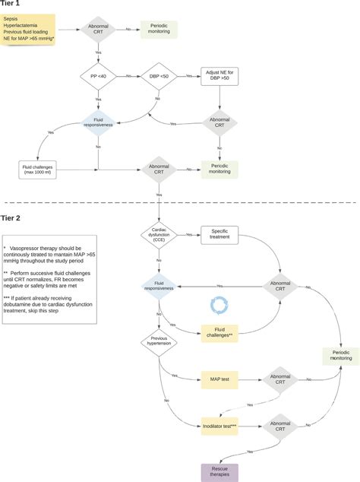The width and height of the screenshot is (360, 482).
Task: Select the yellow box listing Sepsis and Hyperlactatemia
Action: [x=29, y=30]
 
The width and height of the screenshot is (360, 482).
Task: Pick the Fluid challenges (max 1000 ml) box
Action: [x=37, y=169]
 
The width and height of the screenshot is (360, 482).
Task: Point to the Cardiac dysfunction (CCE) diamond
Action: [x=159, y=234]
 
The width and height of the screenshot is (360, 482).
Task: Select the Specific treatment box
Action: [x=219, y=234]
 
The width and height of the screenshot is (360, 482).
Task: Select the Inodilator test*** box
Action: [x=219, y=428]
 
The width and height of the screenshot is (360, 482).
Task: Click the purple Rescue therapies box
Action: [x=219, y=471]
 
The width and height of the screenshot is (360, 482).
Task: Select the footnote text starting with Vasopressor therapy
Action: [x=49, y=258]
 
